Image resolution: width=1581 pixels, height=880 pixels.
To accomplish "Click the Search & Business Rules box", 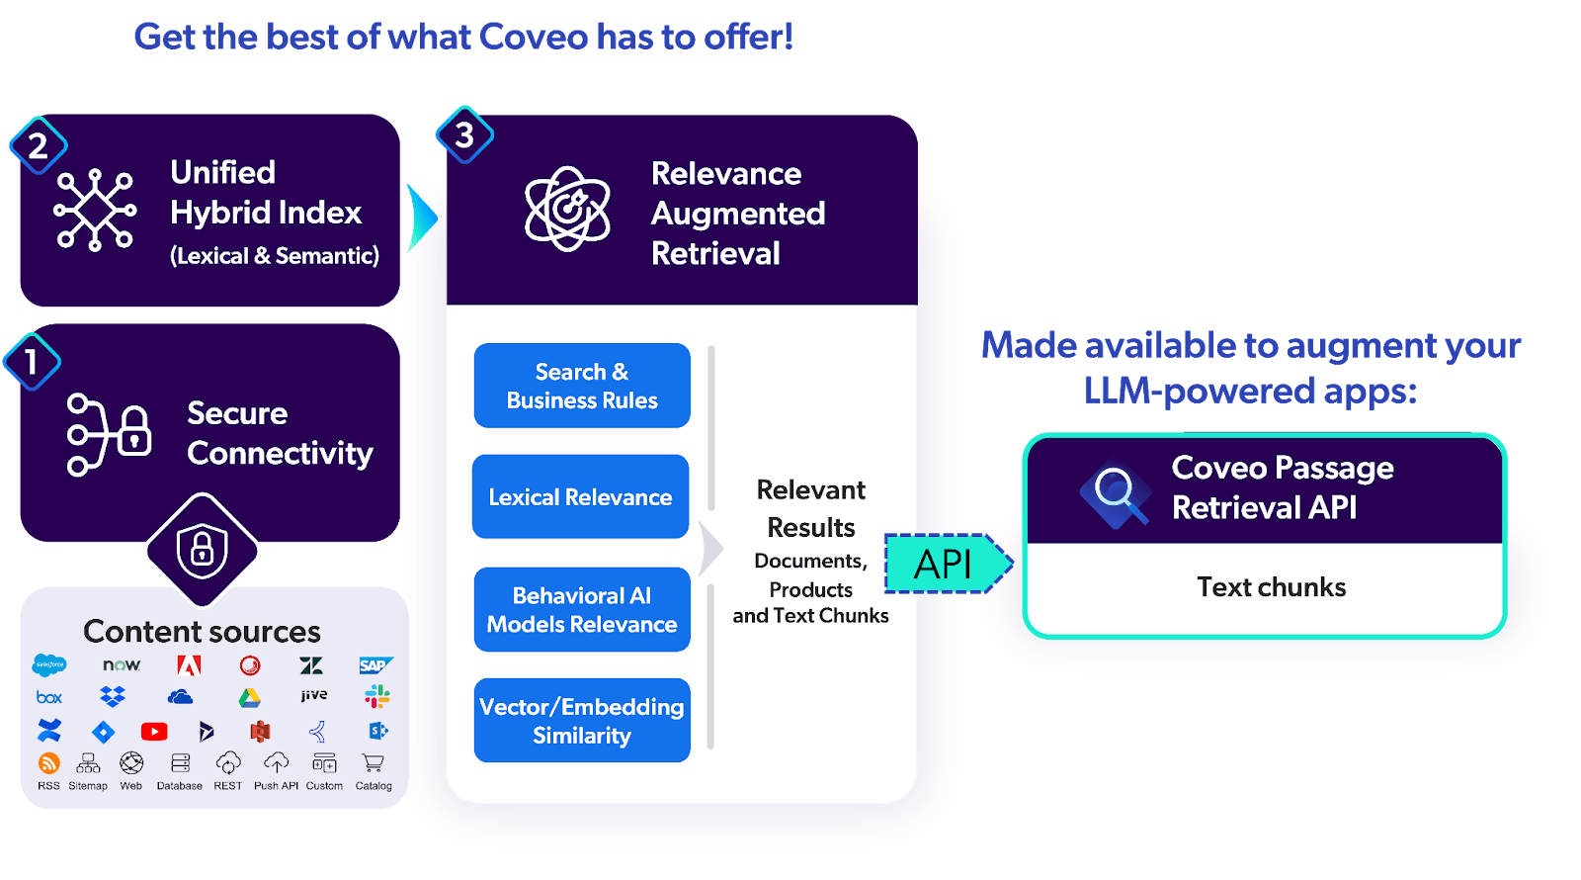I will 582,386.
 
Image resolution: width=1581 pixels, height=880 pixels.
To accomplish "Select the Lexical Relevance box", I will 580,496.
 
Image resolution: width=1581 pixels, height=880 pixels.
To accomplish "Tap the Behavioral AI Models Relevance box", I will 582,609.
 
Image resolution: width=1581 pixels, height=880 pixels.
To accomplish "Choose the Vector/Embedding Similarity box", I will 582,720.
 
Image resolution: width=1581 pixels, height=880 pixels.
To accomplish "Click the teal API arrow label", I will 945,564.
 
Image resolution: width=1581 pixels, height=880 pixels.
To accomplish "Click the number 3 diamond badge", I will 464,135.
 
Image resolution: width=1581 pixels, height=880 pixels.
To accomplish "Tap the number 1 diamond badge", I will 32,362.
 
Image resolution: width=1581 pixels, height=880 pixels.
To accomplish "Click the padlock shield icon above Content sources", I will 202,550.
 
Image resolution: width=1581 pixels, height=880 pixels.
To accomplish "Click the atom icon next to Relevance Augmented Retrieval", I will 567,209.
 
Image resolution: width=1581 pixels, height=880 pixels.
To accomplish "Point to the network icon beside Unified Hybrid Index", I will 95,210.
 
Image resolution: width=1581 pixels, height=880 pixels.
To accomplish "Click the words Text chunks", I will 1271,587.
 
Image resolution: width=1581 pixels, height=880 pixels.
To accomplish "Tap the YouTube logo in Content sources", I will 154,732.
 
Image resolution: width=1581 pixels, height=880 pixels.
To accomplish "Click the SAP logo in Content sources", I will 374,665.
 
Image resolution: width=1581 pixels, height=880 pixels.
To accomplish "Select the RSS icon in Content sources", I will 48,763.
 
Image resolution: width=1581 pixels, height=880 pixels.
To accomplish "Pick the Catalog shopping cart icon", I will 373,763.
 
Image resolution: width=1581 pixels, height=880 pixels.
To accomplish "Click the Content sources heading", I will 202,631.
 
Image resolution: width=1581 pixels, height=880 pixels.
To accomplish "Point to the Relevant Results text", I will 811,508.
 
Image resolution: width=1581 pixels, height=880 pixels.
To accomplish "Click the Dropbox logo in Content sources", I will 113,697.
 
